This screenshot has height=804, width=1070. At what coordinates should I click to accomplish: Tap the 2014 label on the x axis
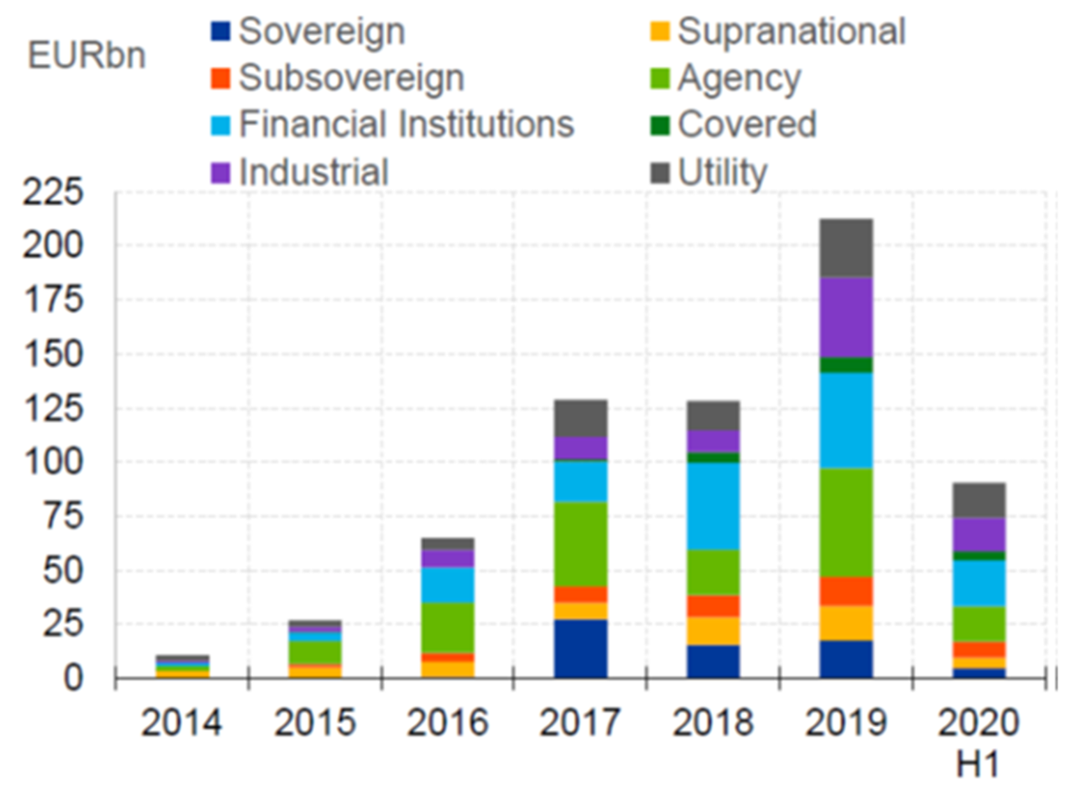tap(182, 723)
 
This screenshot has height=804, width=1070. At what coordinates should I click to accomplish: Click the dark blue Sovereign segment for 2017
tap(581, 648)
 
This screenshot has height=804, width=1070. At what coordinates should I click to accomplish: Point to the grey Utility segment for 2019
tap(847, 248)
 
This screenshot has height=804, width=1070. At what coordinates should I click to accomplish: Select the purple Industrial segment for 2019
tap(847, 317)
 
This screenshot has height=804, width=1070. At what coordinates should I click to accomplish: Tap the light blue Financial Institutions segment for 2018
tap(714, 506)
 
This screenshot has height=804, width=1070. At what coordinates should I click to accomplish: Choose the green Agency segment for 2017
tap(581, 543)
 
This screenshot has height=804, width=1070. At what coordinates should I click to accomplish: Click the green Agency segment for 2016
tap(448, 627)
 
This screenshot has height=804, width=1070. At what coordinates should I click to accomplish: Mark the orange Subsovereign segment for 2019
tap(847, 591)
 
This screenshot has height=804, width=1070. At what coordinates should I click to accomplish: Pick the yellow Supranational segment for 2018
tap(714, 631)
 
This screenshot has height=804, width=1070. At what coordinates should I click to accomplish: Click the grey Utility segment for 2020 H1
tap(979, 499)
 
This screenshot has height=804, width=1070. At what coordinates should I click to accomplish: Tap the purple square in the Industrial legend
tap(222, 173)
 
